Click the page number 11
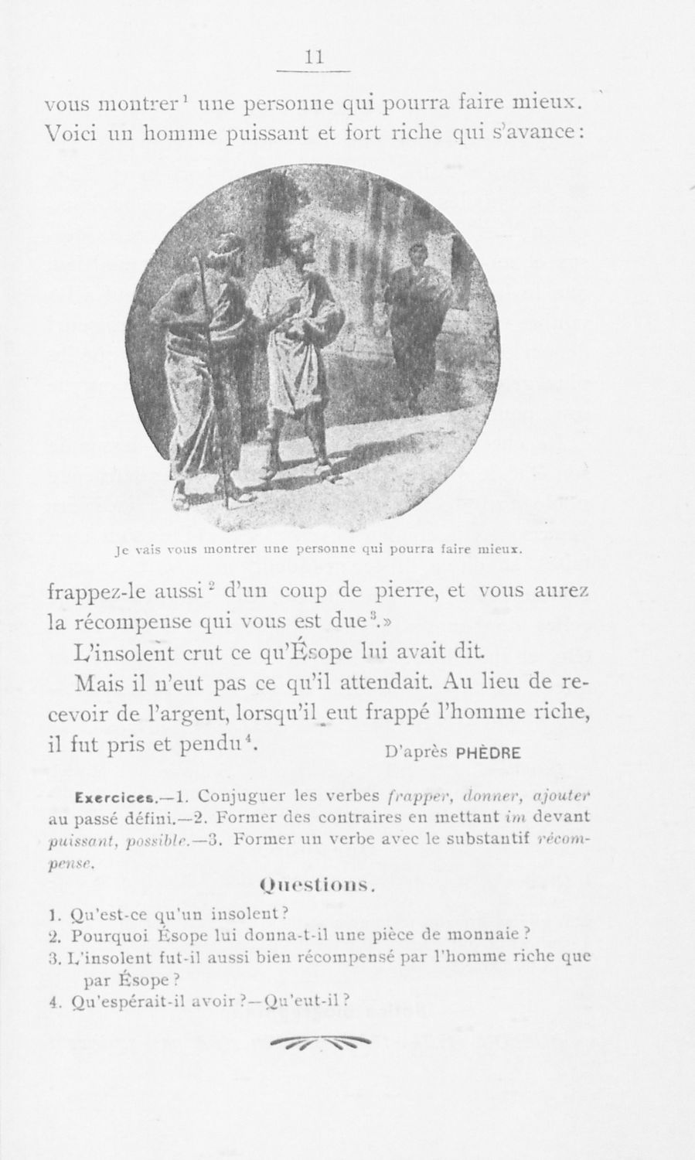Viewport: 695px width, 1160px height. (314, 57)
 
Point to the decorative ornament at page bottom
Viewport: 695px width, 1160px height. (320, 1043)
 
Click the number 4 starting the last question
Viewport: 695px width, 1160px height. (50, 1000)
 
